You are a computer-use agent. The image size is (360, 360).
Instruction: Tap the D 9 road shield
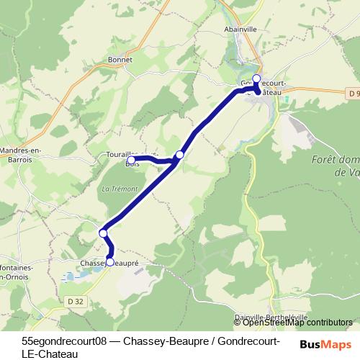[x=351, y=94]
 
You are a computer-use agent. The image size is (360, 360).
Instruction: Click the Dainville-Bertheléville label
[x=271, y=317]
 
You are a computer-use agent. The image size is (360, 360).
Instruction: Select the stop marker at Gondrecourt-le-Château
[x=256, y=78]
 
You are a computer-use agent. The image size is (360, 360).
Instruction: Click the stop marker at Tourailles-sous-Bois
[x=132, y=160]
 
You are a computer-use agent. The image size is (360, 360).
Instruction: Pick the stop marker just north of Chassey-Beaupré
[x=104, y=233]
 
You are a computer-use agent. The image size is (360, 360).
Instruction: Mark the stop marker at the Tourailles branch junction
[x=180, y=155]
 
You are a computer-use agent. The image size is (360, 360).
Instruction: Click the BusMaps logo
[x=325, y=344]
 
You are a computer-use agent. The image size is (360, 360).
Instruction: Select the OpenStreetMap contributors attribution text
[x=297, y=322]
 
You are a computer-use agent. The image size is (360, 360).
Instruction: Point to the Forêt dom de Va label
[x=336, y=166]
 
